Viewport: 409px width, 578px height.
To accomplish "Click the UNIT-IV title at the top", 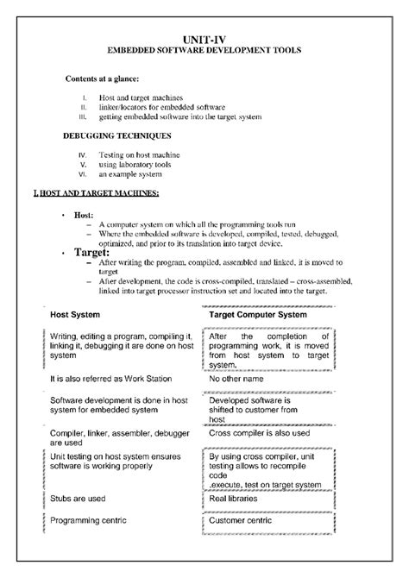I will (x=204, y=40).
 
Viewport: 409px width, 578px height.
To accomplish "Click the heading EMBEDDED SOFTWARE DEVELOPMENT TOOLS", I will (x=204, y=52).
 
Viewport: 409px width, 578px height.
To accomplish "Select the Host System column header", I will (x=76, y=315).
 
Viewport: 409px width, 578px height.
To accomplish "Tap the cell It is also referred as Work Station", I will (x=112, y=378).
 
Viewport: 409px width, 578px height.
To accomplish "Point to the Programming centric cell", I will (x=89, y=520).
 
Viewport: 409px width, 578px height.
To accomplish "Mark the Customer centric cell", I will (x=242, y=520).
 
